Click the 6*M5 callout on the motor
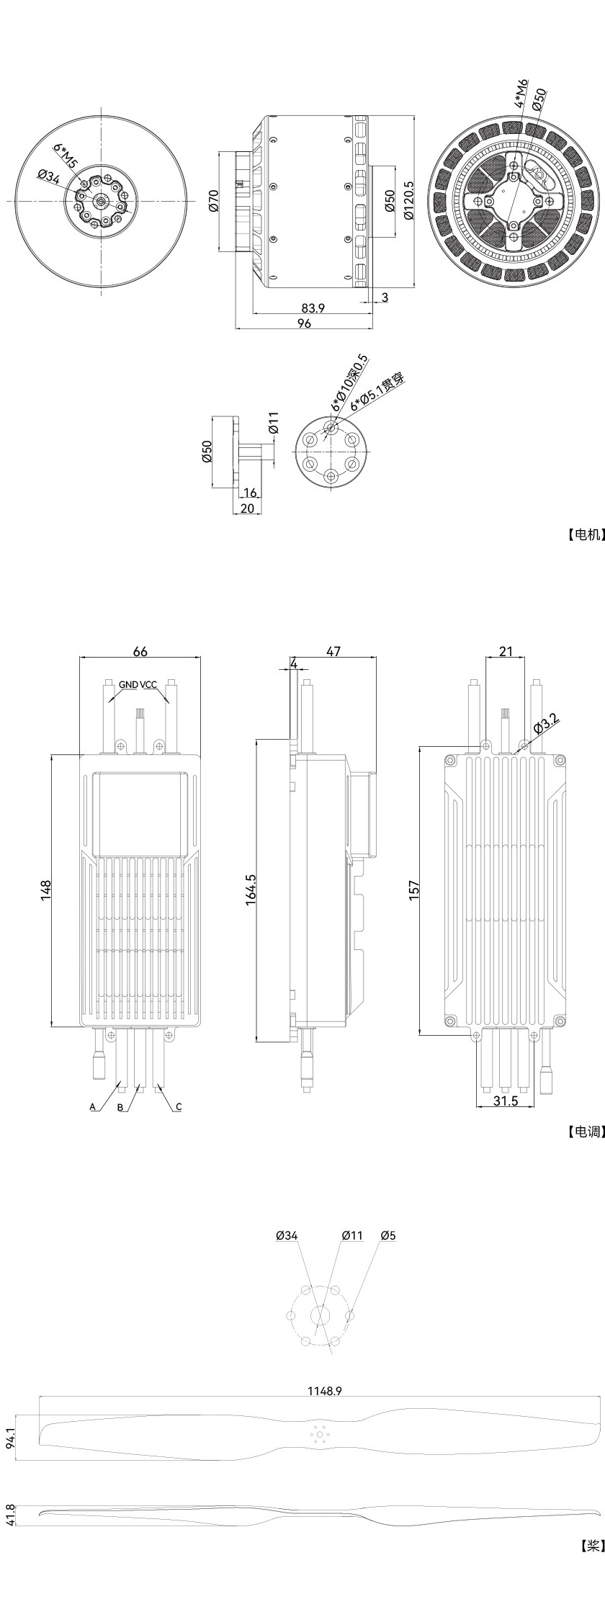click(65, 154)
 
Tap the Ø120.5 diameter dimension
click(408, 200)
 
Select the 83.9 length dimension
click(313, 308)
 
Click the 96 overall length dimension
click(304, 324)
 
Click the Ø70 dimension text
click(213, 200)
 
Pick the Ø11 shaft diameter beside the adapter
click(273, 423)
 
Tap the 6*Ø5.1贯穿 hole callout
click(377, 392)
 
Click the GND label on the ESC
click(128, 684)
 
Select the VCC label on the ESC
click(148, 684)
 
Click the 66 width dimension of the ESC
click(140, 651)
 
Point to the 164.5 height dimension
click(251, 890)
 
